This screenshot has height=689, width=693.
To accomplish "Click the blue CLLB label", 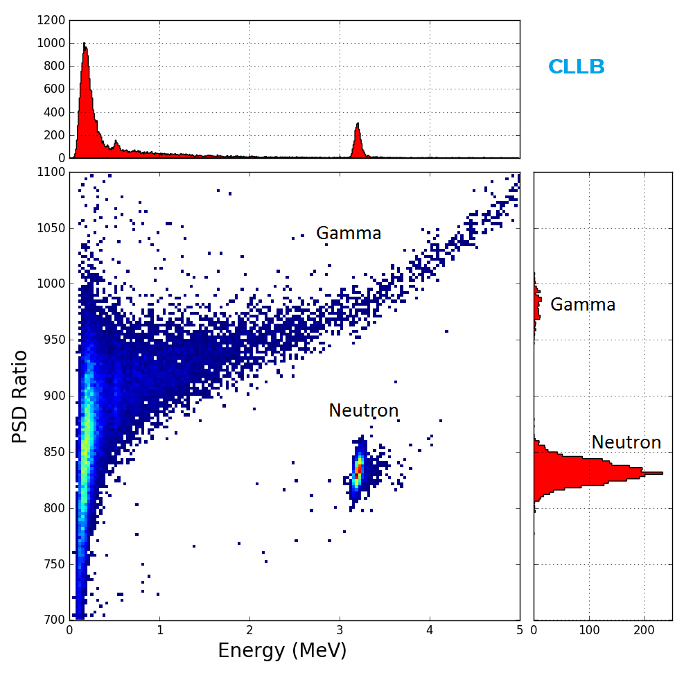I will point(576,67).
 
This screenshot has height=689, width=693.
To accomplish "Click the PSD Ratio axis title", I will point(21,396).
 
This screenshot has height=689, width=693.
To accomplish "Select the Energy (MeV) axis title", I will point(282,651).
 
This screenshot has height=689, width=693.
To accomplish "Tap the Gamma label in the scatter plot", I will point(349,234).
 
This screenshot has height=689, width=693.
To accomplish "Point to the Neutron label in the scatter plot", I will point(363,411).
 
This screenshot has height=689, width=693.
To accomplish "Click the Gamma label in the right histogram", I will point(582,305).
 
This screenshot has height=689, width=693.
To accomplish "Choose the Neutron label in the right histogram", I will point(626,443).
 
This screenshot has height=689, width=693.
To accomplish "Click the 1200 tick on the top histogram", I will point(52,20).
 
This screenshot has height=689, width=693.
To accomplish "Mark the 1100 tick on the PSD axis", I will point(52,172).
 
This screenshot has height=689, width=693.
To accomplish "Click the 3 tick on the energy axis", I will point(340,630).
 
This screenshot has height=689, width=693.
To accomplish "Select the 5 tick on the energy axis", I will point(519,630).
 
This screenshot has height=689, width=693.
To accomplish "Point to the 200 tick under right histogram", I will point(644,630).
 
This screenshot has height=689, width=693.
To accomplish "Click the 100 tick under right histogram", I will point(589,630).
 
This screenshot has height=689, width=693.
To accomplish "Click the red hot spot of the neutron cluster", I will point(358,470).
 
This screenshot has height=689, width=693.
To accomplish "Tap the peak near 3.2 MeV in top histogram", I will point(358,125).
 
